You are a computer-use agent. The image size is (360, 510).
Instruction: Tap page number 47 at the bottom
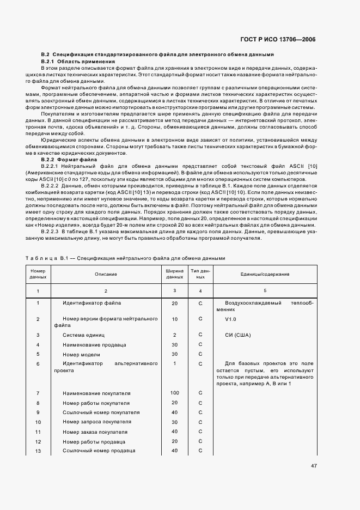[314, 466]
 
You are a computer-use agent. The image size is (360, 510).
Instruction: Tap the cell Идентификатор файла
[91, 303]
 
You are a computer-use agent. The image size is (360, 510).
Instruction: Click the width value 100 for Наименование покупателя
[174, 393]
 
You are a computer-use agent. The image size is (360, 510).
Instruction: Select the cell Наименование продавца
[94, 344]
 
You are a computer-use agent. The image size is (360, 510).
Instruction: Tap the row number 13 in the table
[38, 451]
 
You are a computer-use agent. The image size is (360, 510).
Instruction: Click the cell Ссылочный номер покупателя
[101, 412]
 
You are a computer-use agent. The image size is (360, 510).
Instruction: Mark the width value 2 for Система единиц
[174, 335]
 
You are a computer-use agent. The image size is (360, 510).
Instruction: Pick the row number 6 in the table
[38, 363]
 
